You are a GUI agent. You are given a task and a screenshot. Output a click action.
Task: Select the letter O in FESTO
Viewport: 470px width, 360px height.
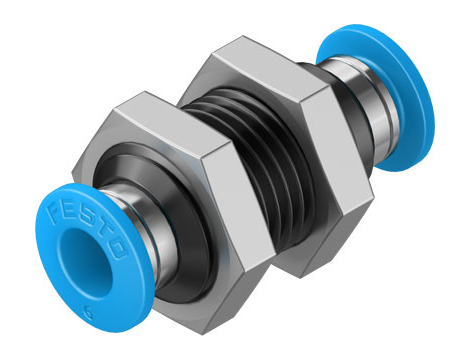117,249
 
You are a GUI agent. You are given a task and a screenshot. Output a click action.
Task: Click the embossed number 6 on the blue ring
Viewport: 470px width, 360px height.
89,313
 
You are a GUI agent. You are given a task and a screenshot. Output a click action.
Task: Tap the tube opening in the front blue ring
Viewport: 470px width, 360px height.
84,263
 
